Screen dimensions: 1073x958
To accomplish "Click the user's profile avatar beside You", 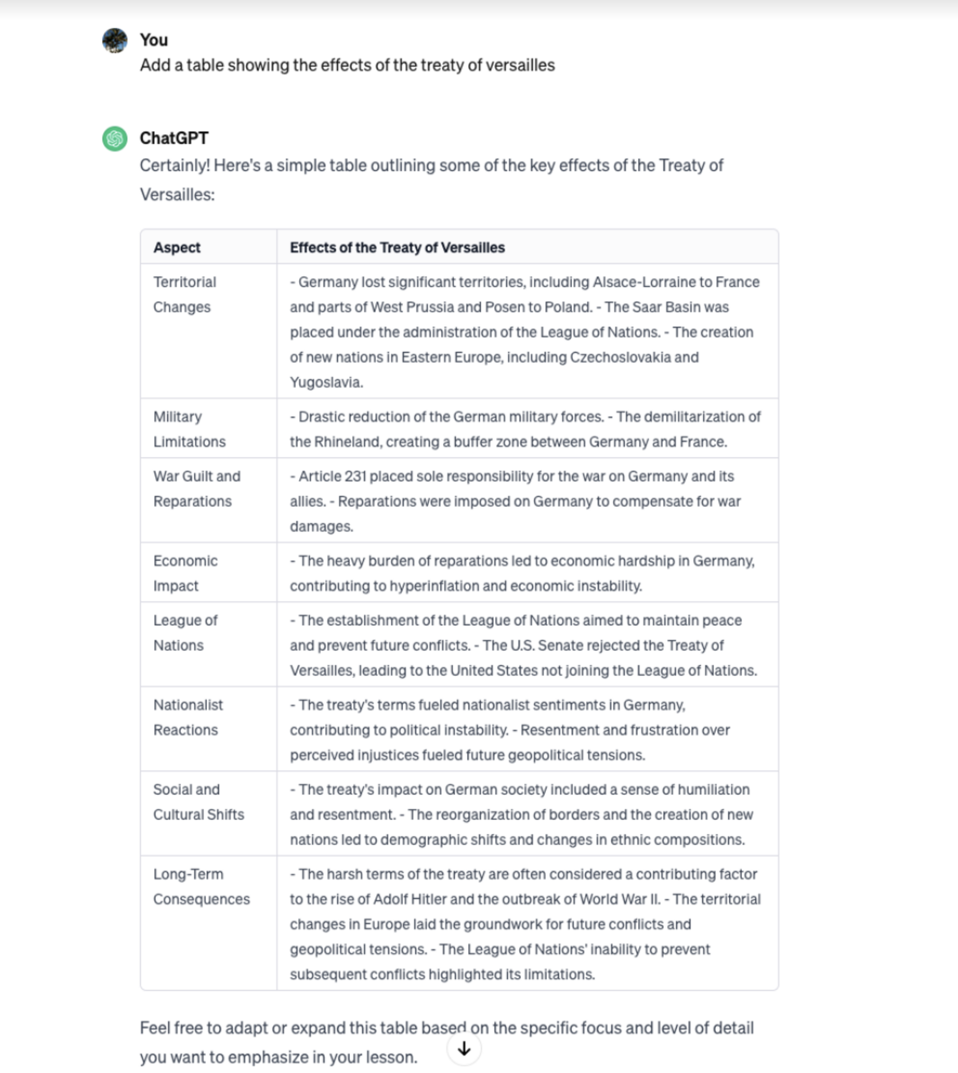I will [x=115, y=40].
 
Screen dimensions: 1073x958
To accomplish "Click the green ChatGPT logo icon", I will [x=115, y=138].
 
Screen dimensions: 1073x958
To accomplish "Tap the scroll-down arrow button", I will [x=464, y=1049].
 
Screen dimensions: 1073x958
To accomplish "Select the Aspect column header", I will [x=177, y=248].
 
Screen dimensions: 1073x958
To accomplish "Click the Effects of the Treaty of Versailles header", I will [x=397, y=248].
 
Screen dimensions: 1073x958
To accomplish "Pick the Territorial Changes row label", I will [x=185, y=294].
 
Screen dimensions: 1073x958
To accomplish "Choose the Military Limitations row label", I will [x=189, y=429].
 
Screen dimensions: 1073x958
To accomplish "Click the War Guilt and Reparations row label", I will [x=196, y=489].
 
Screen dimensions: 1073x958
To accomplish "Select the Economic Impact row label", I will [x=185, y=573].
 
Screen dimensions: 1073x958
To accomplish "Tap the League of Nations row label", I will [x=185, y=632].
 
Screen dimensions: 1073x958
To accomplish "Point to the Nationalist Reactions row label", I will [x=188, y=717].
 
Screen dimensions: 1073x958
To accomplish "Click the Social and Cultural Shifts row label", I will [x=198, y=802].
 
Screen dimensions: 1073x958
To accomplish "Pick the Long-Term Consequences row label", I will [x=201, y=886].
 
